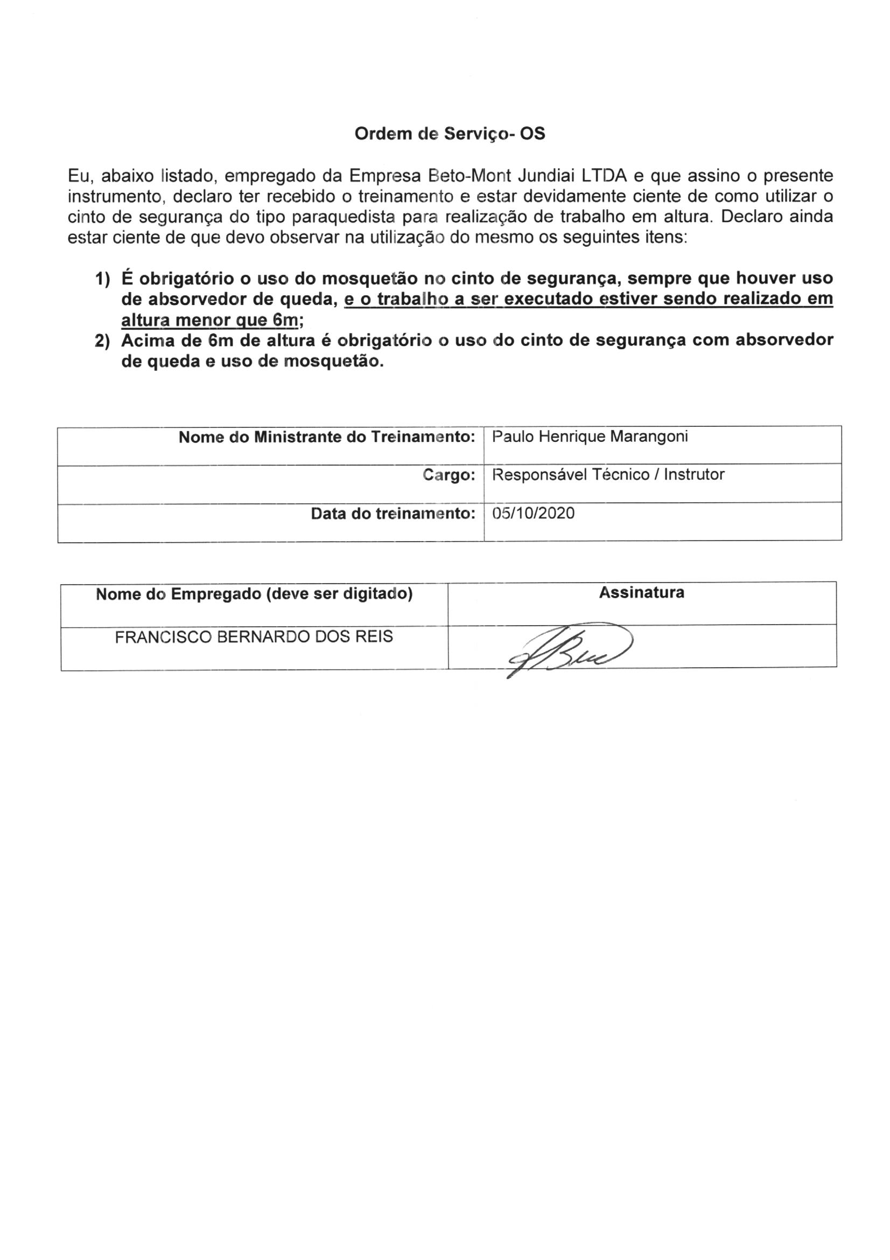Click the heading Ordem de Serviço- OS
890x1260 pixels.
coord(450,134)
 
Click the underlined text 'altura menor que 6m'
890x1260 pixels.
coord(209,320)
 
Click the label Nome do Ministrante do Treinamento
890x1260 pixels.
coord(326,438)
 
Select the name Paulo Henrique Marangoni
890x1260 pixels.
coord(590,437)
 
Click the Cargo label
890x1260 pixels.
coord(448,475)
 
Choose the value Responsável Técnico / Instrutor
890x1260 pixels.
coord(608,475)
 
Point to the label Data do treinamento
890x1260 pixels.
coord(393,514)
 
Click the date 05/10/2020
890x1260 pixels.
coord(533,514)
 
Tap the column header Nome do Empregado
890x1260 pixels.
coord(254,594)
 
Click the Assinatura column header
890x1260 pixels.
coord(641,593)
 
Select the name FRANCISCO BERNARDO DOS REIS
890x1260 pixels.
coord(254,637)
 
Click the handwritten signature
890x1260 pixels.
coord(570,650)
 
